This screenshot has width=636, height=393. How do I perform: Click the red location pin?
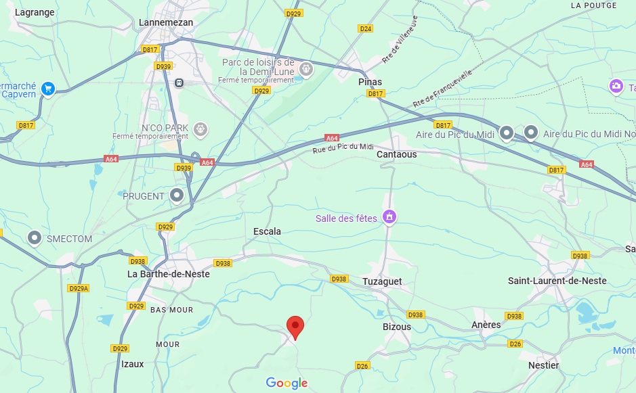coord(295,327)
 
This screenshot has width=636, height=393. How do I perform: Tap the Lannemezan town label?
coord(165,22)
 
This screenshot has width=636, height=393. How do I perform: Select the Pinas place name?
coord(370,82)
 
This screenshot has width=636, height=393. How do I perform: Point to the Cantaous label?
coord(396,154)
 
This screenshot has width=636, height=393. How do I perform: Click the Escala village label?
coord(266,231)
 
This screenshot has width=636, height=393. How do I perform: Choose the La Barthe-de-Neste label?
coord(169,274)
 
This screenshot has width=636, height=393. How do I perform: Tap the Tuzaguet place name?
coord(382,281)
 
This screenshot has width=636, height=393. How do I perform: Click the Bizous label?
coord(396,327)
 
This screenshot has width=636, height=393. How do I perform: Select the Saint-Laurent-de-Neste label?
coord(557,281)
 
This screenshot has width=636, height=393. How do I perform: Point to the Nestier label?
coord(543,365)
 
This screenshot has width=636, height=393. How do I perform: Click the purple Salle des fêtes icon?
coord(389,217)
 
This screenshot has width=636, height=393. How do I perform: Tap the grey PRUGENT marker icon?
coord(177,195)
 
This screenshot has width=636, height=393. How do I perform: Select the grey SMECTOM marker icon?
coord(35,237)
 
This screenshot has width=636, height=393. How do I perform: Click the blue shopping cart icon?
coord(47,89)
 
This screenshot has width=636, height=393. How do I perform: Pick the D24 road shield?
coord(366,28)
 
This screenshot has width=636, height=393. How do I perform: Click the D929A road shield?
coord(79,288)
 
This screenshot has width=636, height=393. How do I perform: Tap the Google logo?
coord(287,384)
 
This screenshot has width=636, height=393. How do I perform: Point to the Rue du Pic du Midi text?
coord(343,147)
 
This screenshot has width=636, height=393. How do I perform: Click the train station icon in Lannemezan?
coord(179,83)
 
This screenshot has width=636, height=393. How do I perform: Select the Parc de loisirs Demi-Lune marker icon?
coord(306,68)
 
